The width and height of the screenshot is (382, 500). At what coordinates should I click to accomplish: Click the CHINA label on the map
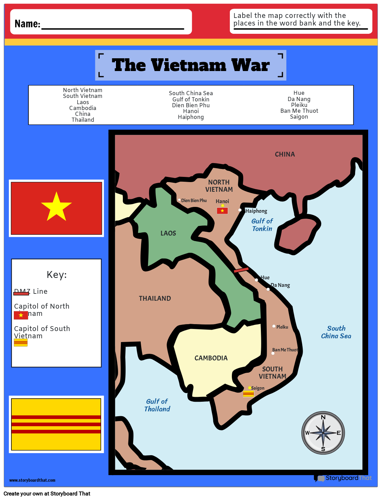click(285, 154)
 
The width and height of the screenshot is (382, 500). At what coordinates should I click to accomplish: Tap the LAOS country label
click(168, 233)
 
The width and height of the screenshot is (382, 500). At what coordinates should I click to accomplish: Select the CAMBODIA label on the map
click(211, 358)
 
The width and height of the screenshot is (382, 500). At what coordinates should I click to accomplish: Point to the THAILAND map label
click(155, 299)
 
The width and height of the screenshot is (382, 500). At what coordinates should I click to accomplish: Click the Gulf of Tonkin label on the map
click(262, 225)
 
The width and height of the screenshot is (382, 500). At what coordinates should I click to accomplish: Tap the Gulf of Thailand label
click(157, 405)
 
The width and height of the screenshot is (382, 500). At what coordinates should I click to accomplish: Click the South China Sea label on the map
click(336, 332)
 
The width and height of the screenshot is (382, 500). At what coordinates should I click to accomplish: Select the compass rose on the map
click(323, 433)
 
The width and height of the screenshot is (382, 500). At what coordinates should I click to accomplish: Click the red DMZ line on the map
click(241, 270)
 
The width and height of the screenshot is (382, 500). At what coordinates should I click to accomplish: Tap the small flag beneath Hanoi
click(222, 211)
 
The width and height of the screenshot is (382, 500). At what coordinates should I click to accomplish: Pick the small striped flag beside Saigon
click(248, 394)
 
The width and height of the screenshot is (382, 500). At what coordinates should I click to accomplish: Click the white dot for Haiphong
click(240, 210)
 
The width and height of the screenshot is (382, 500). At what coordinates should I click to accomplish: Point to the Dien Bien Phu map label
click(194, 201)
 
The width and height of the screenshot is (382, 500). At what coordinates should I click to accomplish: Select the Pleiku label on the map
click(282, 327)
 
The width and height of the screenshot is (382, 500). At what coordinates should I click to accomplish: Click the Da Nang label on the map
click(281, 285)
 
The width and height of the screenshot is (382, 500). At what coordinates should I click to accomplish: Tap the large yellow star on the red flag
click(56, 207)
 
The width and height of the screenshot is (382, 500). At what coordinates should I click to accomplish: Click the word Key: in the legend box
click(57, 275)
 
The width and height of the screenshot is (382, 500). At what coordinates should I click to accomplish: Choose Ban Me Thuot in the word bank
click(299, 111)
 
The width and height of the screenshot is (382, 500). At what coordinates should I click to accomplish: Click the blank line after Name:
click(112, 26)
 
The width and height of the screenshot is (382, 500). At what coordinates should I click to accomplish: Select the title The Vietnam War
click(190, 66)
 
